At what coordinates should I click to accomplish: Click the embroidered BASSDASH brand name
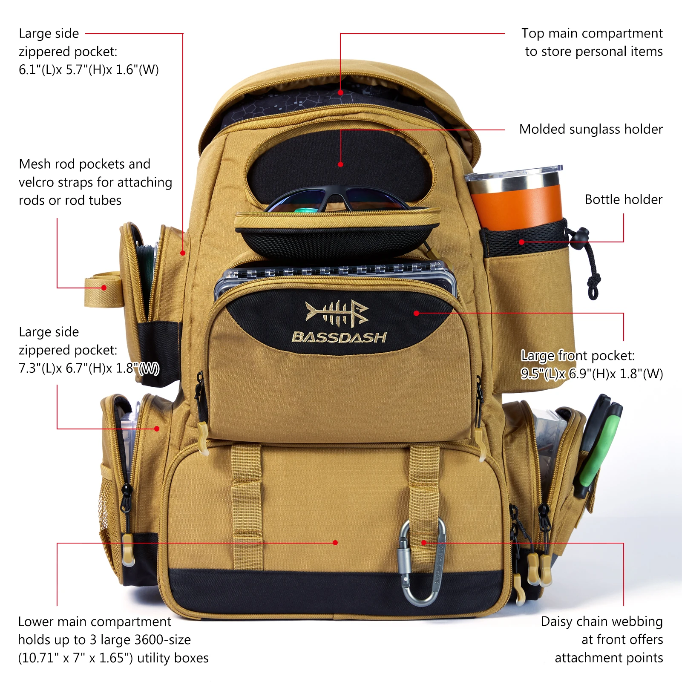[x=339, y=337]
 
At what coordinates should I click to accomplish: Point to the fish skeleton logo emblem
[x=337, y=313]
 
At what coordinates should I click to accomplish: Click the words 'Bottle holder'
[x=623, y=199]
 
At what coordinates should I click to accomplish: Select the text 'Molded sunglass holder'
[x=590, y=129]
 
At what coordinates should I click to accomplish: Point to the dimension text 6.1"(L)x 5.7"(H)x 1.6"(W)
[x=89, y=70]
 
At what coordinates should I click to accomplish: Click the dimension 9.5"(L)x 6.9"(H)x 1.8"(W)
[x=591, y=374]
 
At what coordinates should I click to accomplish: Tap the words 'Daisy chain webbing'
[x=601, y=622]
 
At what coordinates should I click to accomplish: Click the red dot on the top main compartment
[x=340, y=92]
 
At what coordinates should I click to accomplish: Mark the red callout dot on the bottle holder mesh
[x=521, y=242]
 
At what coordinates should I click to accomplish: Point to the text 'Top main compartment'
[x=592, y=33]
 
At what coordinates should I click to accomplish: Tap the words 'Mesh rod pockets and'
[x=84, y=164]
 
